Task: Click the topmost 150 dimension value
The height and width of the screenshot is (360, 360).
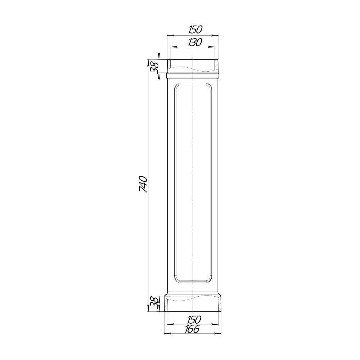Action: pyautogui.click(x=195, y=30)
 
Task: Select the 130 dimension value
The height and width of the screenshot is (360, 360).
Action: pyautogui.click(x=195, y=42)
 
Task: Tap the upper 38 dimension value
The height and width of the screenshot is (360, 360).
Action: pyautogui.click(x=155, y=67)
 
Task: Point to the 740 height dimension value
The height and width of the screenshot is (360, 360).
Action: pyautogui.click(x=143, y=184)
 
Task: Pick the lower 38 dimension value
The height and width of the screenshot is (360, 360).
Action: pyautogui.click(x=154, y=303)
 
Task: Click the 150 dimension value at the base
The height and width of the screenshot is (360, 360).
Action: pyautogui.click(x=194, y=319)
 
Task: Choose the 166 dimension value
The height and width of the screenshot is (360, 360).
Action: pyautogui.click(x=192, y=329)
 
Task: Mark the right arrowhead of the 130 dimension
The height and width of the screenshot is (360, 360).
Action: pyautogui.click(x=211, y=47)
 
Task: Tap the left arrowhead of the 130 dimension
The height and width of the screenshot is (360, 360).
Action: pyautogui.click(x=174, y=47)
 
